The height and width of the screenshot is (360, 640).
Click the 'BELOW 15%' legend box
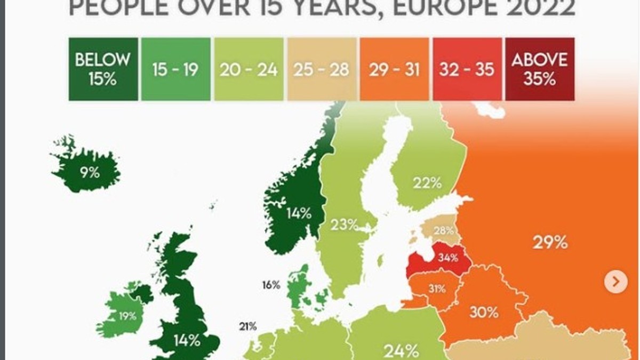coord(103,69)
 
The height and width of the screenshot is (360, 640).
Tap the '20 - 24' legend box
coord(249,69)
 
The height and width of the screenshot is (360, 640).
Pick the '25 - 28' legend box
coord(322,69)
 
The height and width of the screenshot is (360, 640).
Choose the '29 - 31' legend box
coord(394,69)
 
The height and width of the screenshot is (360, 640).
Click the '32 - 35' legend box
coord(467,69)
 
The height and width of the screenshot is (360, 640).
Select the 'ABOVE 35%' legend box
coord(540,69)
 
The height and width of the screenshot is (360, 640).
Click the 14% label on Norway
coord(298,213)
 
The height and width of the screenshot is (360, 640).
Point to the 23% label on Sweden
coord(343,225)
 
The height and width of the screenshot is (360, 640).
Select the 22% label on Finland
coord(427,183)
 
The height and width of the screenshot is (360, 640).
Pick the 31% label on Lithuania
coord(437,289)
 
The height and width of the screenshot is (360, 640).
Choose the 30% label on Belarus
coord(484,313)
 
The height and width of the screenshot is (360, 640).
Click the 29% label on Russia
coord(550,243)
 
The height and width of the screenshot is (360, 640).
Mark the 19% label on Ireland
coord(127,316)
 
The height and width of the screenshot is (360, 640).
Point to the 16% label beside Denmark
coord(271,285)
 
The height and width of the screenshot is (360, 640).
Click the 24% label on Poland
coord(402,351)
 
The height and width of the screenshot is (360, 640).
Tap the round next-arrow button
coord(615,281)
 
